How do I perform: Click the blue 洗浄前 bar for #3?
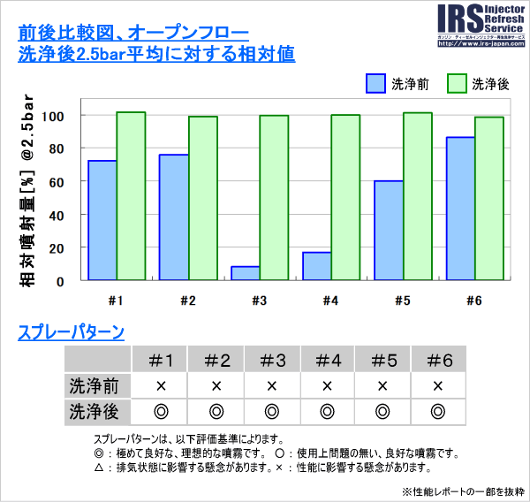[245, 273]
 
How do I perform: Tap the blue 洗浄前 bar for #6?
[459, 209]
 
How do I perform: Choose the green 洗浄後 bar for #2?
[202, 198]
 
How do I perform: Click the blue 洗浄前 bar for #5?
[388, 231]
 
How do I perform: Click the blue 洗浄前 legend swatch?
[375, 84]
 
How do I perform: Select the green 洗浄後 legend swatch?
[457, 84]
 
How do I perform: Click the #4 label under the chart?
[330, 300]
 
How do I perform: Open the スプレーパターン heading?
[71, 333]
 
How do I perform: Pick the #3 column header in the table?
[271, 360]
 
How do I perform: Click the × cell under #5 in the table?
[382, 385]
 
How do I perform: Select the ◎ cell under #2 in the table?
[216, 411]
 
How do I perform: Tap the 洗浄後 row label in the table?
[97, 411]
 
